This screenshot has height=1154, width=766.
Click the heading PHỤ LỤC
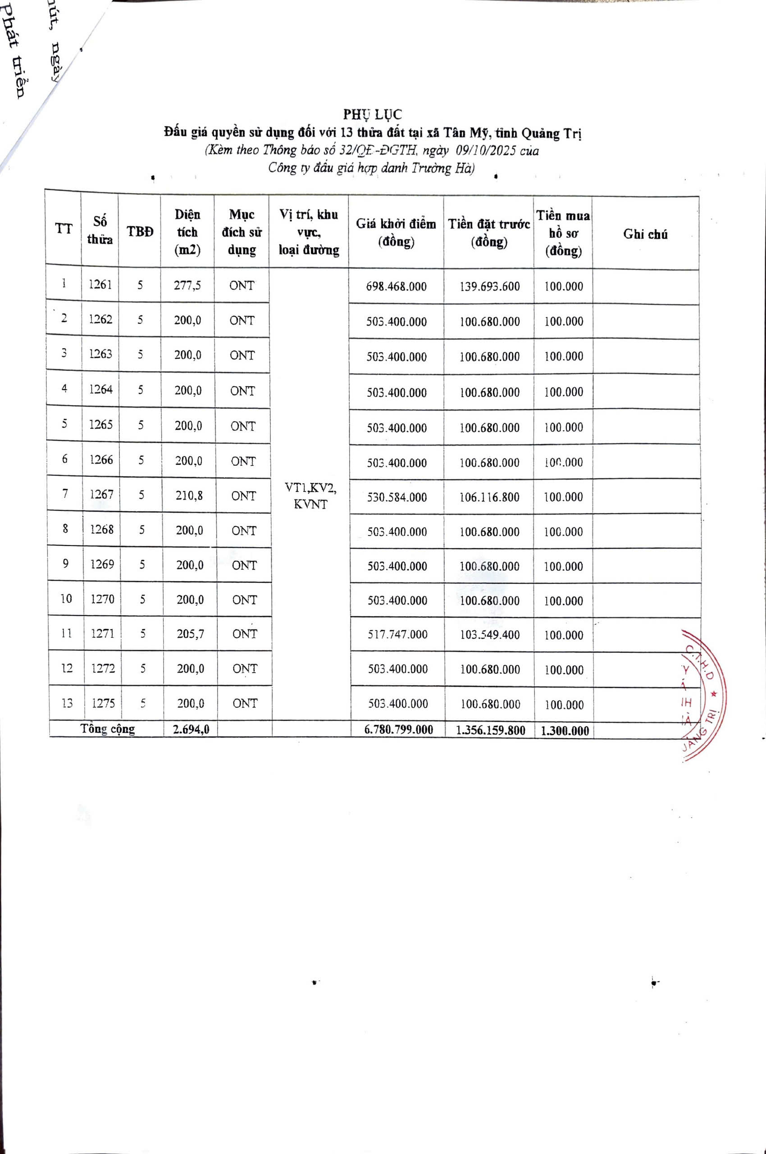tap(372, 114)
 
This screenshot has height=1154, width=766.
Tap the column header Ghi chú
tap(645, 234)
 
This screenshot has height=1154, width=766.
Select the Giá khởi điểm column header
tap(396, 233)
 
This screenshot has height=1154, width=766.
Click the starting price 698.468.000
tap(396, 286)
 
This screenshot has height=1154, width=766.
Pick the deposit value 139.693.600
tap(489, 286)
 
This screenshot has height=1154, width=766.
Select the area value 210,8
tap(189, 495)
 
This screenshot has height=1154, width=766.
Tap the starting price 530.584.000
tap(397, 497)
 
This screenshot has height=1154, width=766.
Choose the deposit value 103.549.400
tap(490, 635)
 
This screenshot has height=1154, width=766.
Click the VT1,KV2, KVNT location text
tap(310, 495)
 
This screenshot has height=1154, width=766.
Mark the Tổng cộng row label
tap(108, 729)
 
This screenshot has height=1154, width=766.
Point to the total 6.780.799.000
tap(399, 730)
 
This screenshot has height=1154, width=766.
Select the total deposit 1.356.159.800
tap(491, 730)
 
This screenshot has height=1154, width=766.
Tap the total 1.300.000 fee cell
tap(565, 731)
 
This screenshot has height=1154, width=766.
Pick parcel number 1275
tap(103, 703)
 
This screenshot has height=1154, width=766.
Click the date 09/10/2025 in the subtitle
tap(486, 151)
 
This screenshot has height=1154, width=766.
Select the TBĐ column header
tap(140, 232)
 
